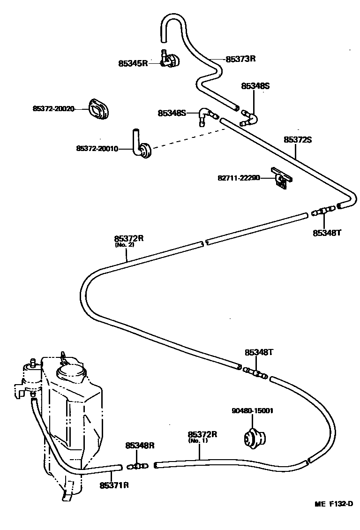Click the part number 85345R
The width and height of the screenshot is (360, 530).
click(133, 62)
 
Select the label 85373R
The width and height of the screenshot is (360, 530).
click(240, 59)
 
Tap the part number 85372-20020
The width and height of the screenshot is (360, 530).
click(53, 108)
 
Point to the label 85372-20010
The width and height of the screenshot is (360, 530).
click(97, 149)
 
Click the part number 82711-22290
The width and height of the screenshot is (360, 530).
click(239, 178)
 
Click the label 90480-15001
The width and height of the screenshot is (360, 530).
click(252, 411)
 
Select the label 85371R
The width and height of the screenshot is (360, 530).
click(114, 485)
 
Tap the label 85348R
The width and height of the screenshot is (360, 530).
click(140, 446)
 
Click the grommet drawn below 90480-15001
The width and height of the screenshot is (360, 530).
click(255, 438)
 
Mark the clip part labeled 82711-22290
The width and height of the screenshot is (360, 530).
click(281, 178)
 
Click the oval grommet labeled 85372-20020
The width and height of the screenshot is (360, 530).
click(98, 109)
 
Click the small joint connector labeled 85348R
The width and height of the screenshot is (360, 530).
click(137, 466)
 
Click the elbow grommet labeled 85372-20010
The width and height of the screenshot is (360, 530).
click(142, 147)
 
